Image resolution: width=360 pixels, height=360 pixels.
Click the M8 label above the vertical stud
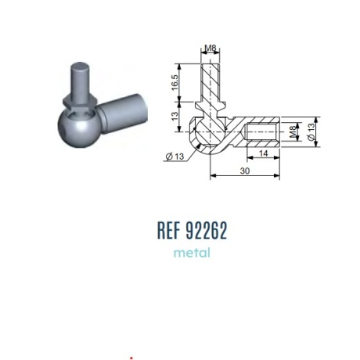[x=211, y=48]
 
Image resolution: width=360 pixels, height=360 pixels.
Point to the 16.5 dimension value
[x=175, y=83]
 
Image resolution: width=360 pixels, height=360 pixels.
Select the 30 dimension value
[x=245, y=171]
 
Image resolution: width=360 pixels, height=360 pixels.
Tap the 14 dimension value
[x=263, y=153]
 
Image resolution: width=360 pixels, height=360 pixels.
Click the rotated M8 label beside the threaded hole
[x=293, y=131]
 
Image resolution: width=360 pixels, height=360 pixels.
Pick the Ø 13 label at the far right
[x=311, y=131]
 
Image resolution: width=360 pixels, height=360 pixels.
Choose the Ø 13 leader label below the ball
[x=175, y=157]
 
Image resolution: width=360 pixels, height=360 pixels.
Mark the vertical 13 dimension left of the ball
[x=175, y=116]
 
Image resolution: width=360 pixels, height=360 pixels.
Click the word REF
[x=169, y=230]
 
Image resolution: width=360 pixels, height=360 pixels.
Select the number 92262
[x=207, y=230]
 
